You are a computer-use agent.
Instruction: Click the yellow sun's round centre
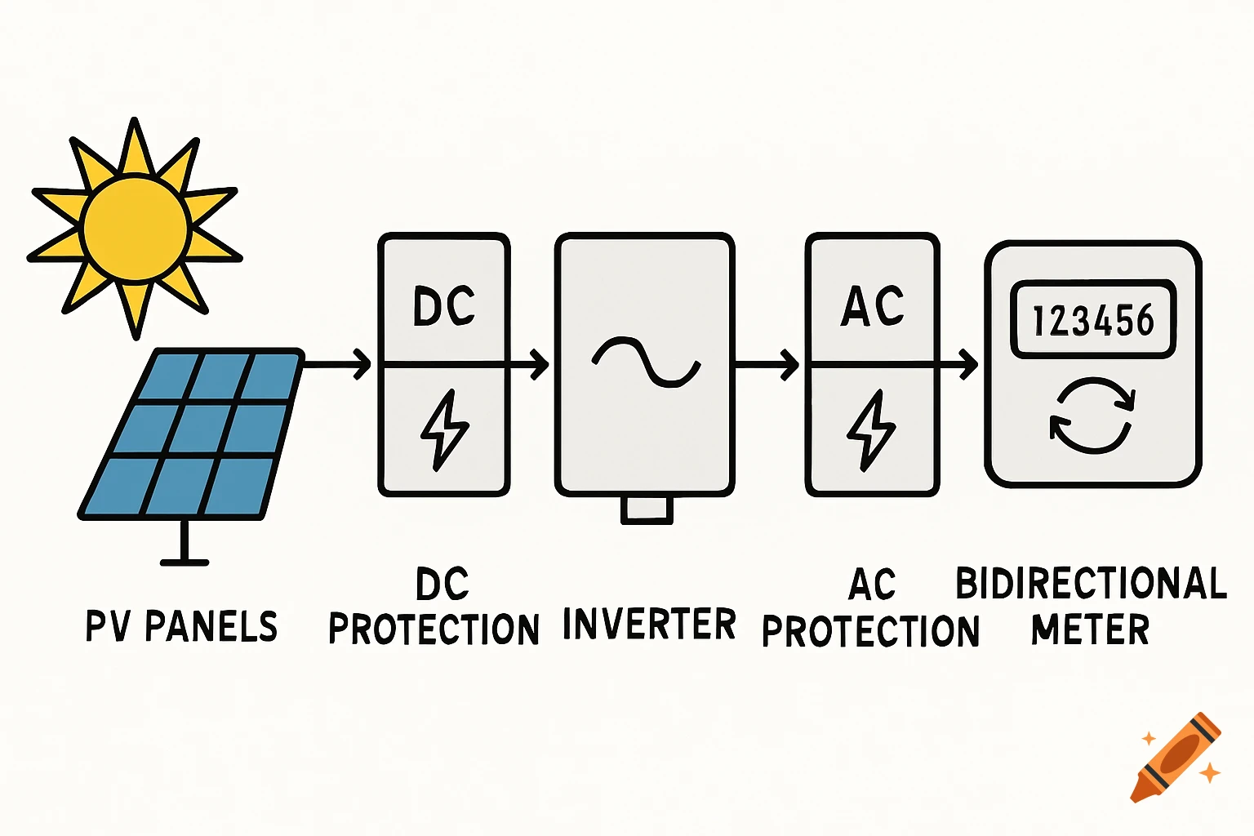pyautogui.click(x=136, y=228)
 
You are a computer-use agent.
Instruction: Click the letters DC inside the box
pyautogui.click(x=443, y=306)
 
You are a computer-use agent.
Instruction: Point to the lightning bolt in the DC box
pyautogui.click(x=443, y=429)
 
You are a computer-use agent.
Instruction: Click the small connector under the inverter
pyautogui.click(x=647, y=509)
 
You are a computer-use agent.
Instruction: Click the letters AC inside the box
pyautogui.click(x=872, y=306)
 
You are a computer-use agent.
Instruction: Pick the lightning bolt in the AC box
pyautogui.click(x=871, y=429)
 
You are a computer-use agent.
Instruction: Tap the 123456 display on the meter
pyautogui.click(x=1093, y=319)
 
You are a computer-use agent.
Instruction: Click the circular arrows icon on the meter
pyautogui.click(x=1092, y=415)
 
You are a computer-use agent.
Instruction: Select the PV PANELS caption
pyautogui.click(x=181, y=626)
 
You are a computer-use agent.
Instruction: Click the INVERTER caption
pyautogui.click(x=649, y=625)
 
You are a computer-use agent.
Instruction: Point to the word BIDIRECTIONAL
pyautogui.click(x=1091, y=584)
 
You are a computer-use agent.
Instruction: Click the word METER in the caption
pyautogui.click(x=1090, y=629)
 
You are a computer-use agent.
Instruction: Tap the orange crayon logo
pyautogui.click(x=1176, y=758)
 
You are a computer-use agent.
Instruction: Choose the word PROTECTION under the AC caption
pyautogui.click(x=870, y=631)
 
